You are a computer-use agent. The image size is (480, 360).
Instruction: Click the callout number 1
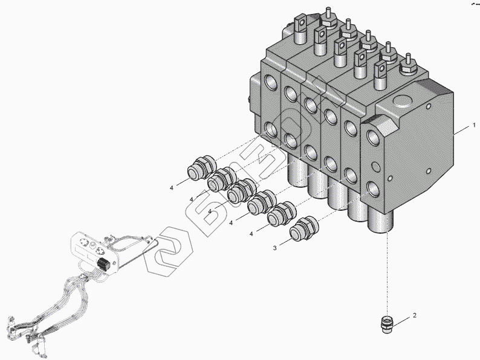(x=475, y=126)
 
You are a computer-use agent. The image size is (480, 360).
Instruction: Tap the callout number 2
(x=414, y=315)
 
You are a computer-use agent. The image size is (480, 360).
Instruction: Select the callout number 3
(x=274, y=248)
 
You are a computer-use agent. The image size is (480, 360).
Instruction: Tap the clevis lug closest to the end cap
(x=381, y=71)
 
